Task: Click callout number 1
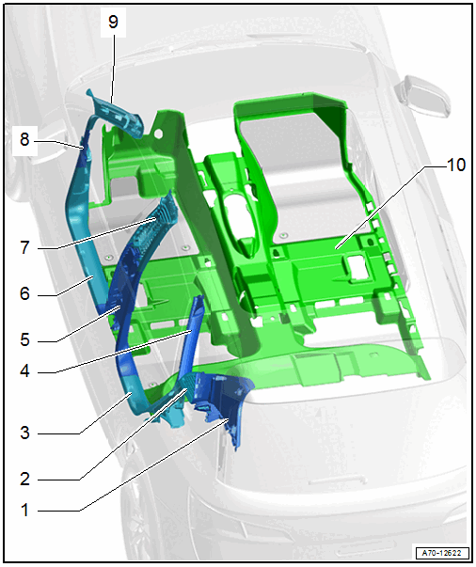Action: [24, 510]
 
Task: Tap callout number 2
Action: [24, 479]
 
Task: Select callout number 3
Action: [24, 433]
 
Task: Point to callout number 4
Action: [24, 371]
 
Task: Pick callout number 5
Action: [24, 339]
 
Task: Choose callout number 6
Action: [24, 293]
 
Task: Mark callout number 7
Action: [24, 247]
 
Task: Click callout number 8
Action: [24, 139]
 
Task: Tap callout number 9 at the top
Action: [113, 22]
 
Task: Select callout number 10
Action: [456, 165]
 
